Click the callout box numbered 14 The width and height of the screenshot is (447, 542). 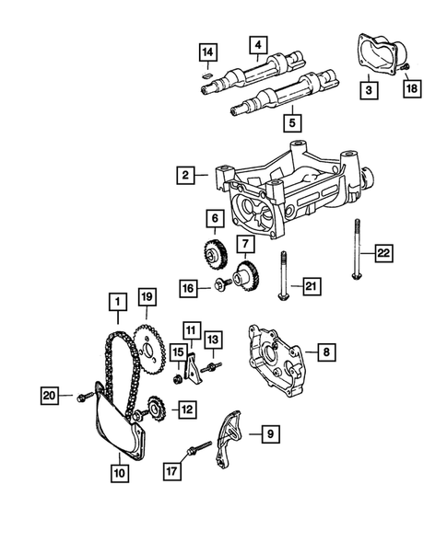coord(208,51)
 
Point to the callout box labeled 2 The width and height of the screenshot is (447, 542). coord(187,175)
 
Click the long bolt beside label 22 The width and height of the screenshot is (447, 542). coord(355,262)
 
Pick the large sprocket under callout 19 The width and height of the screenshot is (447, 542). coord(145,351)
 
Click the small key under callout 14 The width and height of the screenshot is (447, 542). coord(208,71)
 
